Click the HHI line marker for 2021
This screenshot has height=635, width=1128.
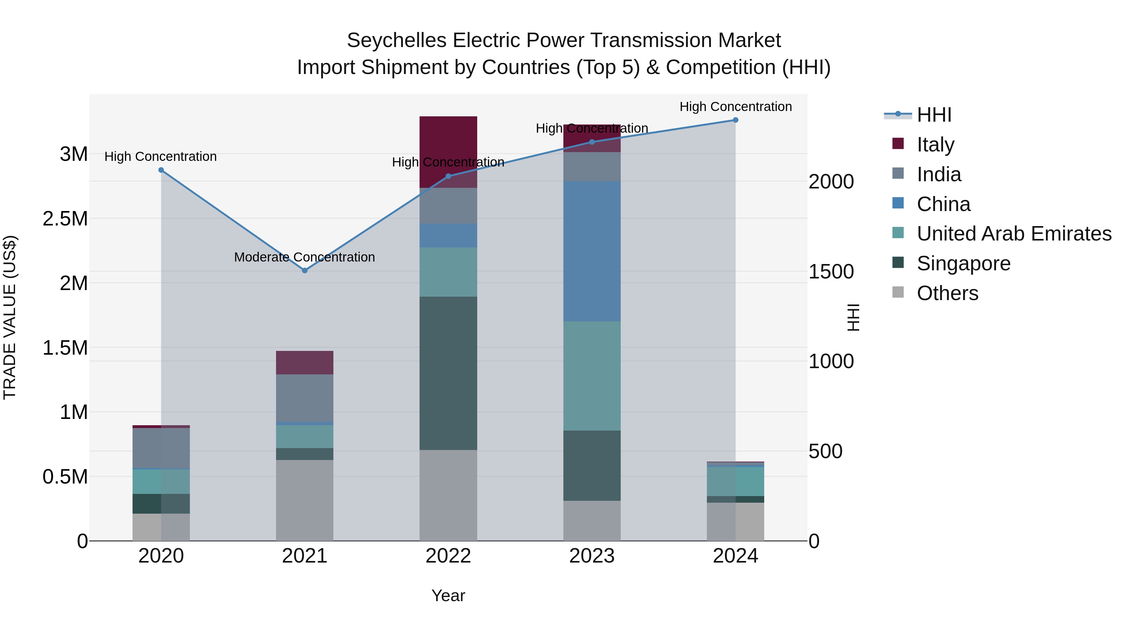click(305, 270)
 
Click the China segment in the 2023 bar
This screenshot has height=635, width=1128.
click(592, 251)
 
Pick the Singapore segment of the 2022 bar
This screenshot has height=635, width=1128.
click(448, 373)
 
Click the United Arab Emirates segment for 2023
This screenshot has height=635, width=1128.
click(592, 376)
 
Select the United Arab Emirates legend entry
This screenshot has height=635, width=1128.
click(1013, 234)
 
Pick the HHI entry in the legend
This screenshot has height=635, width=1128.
click(934, 115)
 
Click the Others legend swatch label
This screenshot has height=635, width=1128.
click(947, 293)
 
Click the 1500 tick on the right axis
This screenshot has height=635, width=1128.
click(831, 272)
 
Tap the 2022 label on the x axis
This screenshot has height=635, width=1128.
click(448, 556)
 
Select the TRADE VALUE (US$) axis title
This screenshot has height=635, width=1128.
click(10, 317)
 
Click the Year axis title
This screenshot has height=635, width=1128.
click(448, 595)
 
